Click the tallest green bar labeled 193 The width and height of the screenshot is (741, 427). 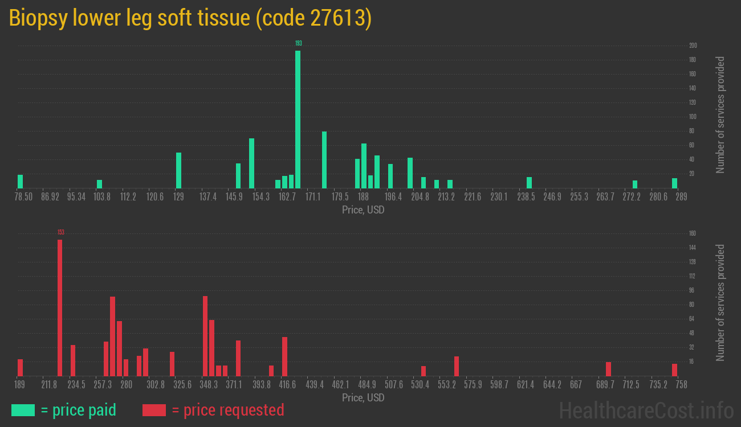point(298,119)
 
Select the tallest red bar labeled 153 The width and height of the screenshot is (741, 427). point(60,307)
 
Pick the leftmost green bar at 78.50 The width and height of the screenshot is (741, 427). point(21,181)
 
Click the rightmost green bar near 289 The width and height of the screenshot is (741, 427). point(674,183)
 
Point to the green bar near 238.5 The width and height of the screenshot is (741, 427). point(529,182)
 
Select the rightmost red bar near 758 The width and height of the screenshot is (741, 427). point(674,369)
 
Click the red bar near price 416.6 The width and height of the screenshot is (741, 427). point(284,356)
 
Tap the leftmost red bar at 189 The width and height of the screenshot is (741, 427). point(21,367)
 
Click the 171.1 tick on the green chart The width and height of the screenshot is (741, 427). point(312,197)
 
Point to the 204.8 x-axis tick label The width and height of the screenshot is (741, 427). point(420,197)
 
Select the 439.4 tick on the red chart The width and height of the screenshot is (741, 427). point(314,385)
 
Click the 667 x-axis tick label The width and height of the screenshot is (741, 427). point(576,385)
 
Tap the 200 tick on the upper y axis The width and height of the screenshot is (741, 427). point(693,46)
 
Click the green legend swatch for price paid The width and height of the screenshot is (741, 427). point(23,410)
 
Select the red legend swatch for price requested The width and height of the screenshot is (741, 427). point(154,410)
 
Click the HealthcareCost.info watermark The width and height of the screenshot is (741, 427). point(646,410)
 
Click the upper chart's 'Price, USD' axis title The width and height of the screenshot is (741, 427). point(363,210)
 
